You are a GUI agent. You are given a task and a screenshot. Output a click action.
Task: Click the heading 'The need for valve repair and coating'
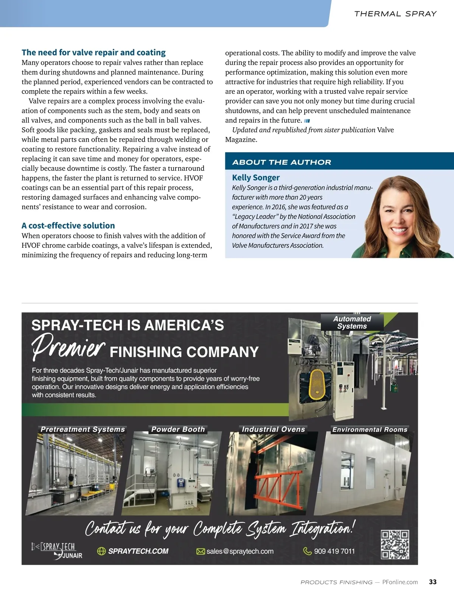pos(93,53)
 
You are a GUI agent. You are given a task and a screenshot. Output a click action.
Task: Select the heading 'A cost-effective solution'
pos(68,226)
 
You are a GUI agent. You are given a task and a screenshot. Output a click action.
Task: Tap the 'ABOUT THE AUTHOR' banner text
pos(281,162)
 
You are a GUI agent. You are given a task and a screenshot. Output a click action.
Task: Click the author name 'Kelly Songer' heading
pos(256,178)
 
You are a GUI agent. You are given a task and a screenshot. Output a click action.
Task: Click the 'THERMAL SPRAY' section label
pos(395,14)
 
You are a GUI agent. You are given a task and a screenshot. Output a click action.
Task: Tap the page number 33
pos(433,582)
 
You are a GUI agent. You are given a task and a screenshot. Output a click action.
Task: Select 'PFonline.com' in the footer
pos(400,582)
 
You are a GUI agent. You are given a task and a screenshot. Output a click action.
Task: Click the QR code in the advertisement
pos(395,545)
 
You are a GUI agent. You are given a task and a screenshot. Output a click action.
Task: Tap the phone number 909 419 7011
pos(334,551)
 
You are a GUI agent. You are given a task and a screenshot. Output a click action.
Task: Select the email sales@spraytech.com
pos(240,551)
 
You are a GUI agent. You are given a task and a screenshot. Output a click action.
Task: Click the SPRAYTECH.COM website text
pos(138,551)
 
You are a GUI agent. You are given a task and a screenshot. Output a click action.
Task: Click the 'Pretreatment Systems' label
pos(82,429)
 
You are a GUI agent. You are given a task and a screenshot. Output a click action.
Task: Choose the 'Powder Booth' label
pos(178,429)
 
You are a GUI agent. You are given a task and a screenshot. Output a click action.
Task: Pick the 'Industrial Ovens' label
pos(273,429)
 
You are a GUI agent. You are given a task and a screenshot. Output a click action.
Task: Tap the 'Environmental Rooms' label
pos(370,430)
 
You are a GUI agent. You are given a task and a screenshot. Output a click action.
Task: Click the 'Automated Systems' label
pos(352,322)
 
